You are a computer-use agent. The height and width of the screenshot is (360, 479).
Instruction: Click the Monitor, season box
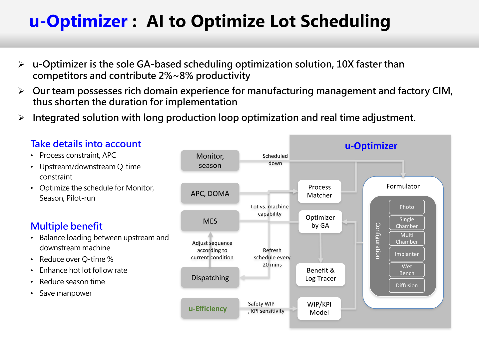[x=210, y=161]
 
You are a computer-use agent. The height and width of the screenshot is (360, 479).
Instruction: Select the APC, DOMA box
[x=210, y=193]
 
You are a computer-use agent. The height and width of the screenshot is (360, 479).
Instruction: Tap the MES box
[x=210, y=221]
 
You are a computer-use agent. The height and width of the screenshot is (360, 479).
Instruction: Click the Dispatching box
[x=210, y=277]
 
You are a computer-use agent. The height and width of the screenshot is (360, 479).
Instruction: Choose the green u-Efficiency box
[x=210, y=308]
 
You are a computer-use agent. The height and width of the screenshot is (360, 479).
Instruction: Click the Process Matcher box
[x=319, y=191]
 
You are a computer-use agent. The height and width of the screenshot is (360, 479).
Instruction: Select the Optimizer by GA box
[x=320, y=221]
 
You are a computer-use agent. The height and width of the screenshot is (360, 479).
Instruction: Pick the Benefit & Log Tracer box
[x=320, y=274]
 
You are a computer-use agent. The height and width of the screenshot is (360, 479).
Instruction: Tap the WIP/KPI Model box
[x=319, y=308]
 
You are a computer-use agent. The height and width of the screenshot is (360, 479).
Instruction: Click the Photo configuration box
[x=407, y=207]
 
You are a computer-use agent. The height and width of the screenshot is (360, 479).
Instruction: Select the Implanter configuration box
[x=407, y=254]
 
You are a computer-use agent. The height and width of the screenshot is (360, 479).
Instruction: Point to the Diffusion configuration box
[x=407, y=285]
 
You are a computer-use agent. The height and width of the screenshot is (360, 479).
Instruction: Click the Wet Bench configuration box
[x=407, y=270]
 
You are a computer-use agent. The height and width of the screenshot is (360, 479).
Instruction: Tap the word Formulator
[x=403, y=186]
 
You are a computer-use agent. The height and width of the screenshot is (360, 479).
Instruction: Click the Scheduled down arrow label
[x=275, y=160]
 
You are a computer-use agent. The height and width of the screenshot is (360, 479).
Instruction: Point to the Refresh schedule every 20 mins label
[x=272, y=257]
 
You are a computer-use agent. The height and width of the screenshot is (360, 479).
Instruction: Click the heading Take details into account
[x=86, y=144]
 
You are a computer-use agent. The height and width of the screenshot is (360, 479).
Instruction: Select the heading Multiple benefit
[x=67, y=226]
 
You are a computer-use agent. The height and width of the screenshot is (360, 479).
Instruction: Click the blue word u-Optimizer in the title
[x=78, y=21]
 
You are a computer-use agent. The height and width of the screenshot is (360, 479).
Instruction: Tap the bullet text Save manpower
[x=66, y=293]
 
